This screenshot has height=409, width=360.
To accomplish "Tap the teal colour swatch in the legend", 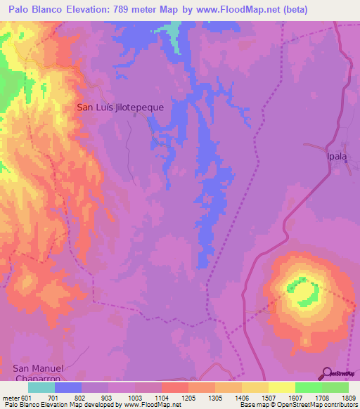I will (41, 387).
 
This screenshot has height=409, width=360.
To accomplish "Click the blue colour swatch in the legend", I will (67, 387).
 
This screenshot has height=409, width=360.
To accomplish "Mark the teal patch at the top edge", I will (170, 30).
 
